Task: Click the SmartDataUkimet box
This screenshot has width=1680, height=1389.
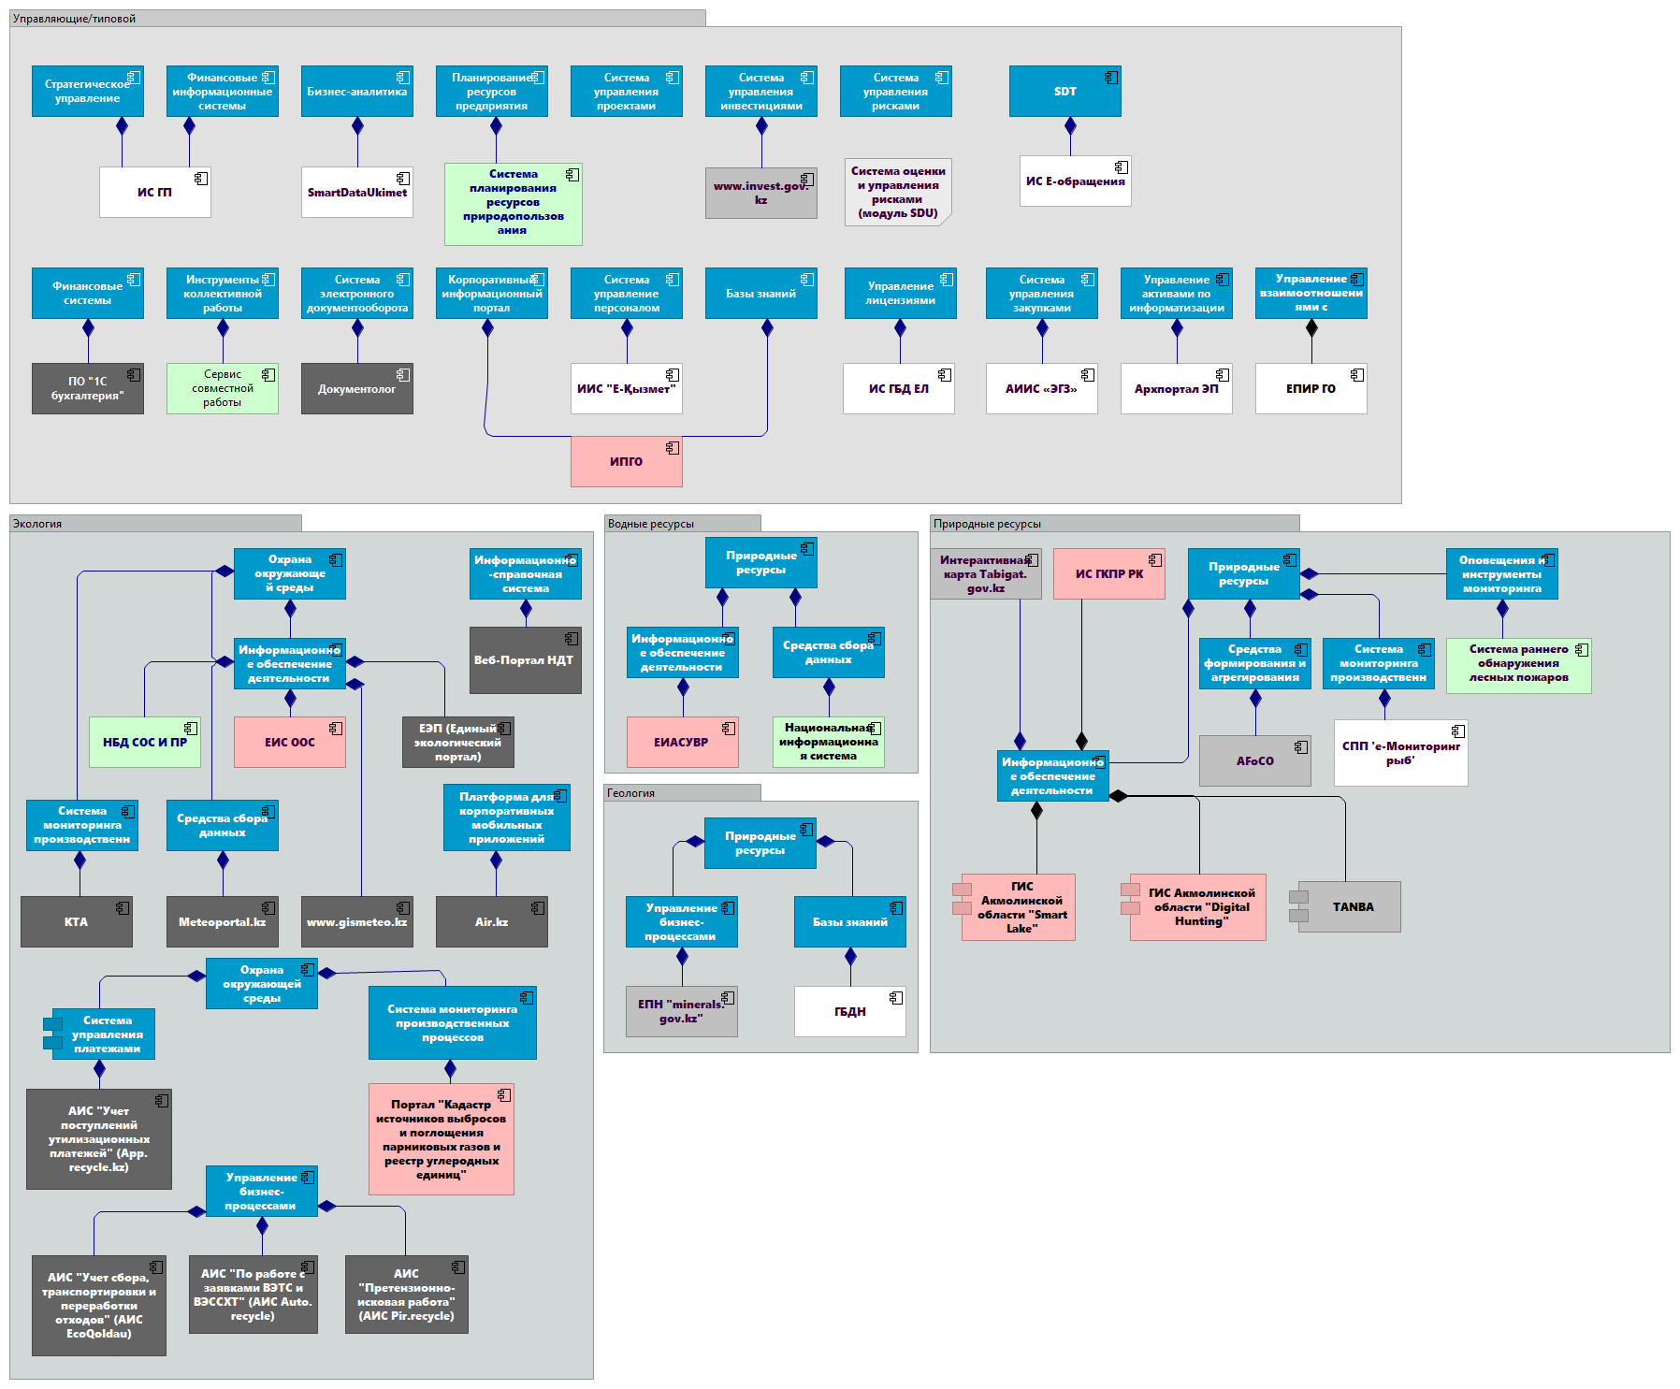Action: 356,192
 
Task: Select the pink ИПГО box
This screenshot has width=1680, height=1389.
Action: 626,461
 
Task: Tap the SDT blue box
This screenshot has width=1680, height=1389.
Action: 1064,91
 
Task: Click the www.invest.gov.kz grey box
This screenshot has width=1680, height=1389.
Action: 760,193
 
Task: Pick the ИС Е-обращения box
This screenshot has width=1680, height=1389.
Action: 1075,181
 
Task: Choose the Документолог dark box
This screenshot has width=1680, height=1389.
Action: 356,388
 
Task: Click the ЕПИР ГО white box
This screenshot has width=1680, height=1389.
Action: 1311,388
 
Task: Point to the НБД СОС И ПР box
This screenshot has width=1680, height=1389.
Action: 145,742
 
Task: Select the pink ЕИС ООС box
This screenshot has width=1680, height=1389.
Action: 289,742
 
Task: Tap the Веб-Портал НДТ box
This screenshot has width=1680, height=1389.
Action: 525,659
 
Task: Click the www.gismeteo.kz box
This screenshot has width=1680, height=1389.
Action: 356,921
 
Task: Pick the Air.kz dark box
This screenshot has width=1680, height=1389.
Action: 491,921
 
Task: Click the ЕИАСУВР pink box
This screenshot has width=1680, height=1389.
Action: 682,742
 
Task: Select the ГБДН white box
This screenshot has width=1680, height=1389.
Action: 849,1011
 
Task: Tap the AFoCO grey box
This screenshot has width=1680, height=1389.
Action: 1254,760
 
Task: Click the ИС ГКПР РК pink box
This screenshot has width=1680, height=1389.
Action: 1108,573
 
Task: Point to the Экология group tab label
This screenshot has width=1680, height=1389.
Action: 37,524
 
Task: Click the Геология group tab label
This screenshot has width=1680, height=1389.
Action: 631,793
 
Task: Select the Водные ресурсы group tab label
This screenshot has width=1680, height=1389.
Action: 651,524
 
